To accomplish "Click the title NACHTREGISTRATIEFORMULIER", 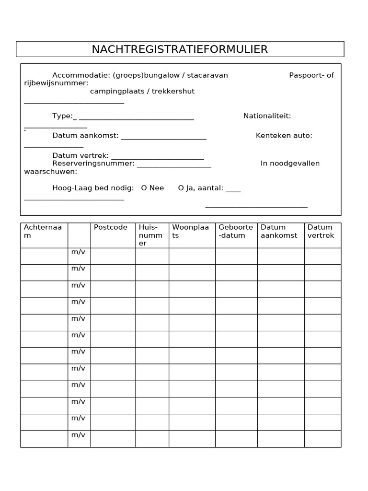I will coord(180,49).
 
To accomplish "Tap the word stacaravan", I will coord(207,75).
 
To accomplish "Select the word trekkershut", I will coord(173,91).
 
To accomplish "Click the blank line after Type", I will coord(136,118).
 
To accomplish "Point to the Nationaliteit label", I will coord(267,116).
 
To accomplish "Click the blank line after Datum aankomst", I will coord(163,138).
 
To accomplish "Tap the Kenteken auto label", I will coord(284,136).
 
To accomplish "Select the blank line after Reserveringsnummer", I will coord(174,166).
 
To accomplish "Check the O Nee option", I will coord(152,188).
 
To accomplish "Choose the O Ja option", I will coord(185,188).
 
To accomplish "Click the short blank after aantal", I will coord(233,190).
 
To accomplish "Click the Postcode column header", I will coord(111,227).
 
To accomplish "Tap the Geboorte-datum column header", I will coord(236,231).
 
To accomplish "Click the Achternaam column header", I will coord(43,231).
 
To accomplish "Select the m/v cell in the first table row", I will coord(79,252).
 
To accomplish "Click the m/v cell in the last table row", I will coord(79,435).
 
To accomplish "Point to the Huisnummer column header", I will coord(151,235).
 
